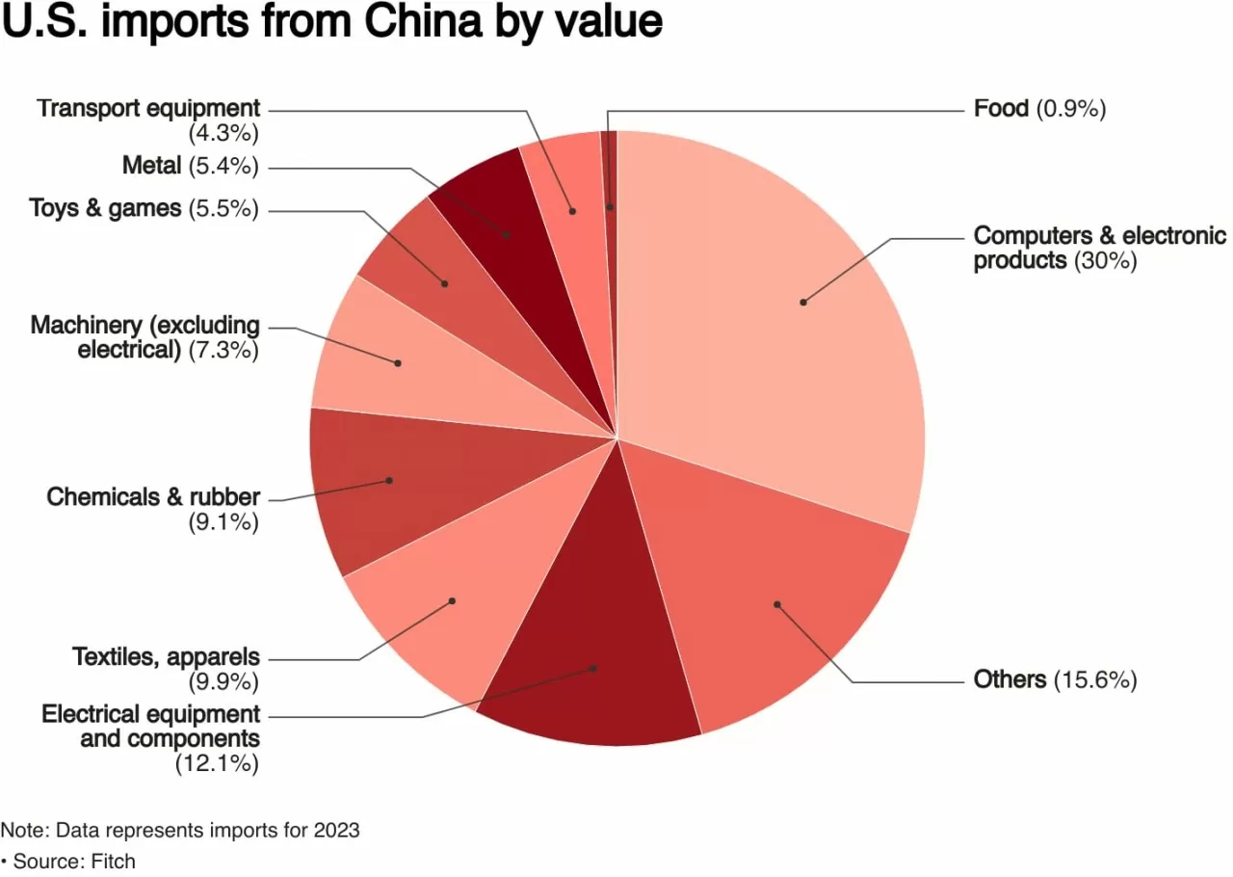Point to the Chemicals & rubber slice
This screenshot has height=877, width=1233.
(x=385, y=482)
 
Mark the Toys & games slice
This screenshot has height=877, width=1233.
(x=433, y=270)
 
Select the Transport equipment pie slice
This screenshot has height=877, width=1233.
(x=568, y=193)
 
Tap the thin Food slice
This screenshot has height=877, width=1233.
(x=610, y=193)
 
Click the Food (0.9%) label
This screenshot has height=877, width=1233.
(x=1039, y=108)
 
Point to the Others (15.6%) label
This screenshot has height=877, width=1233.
(x=1055, y=679)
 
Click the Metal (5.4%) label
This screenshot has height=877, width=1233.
(x=190, y=166)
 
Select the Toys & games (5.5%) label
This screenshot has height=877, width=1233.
(x=144, y=207)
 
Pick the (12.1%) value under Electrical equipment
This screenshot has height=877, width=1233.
(x=217, y=764)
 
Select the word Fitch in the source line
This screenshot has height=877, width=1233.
(x=113, y=861)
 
